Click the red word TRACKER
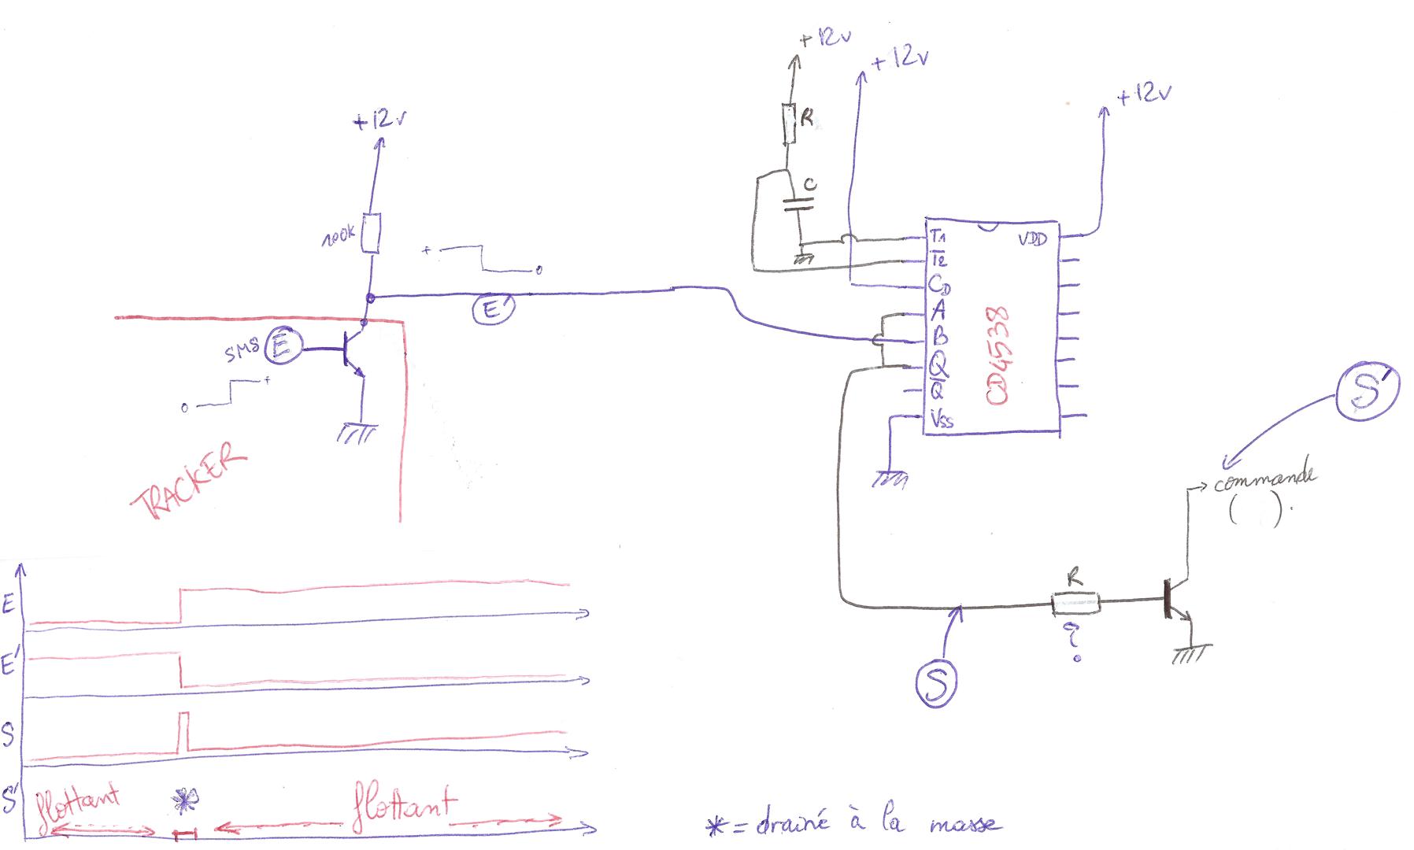[x=190, y=481]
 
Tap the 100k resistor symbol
[x=371, y=233]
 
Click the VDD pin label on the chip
[x=1032, y=238]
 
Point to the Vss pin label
[x=942, y=419]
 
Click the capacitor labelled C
[x=798, y=203]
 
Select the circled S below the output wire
[x=936, y=682]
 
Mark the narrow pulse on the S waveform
[x=184, y=731]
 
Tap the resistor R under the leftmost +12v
[x=790, y=124]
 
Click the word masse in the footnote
[x=965, y=826]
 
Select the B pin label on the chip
[x=939, y=338]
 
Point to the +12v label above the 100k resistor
[x=381, y=121]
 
